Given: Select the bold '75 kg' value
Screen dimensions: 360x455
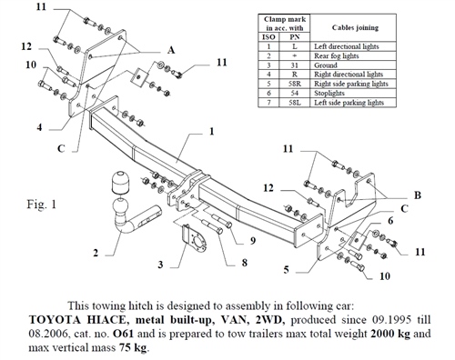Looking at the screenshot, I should tap(131, 347).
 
